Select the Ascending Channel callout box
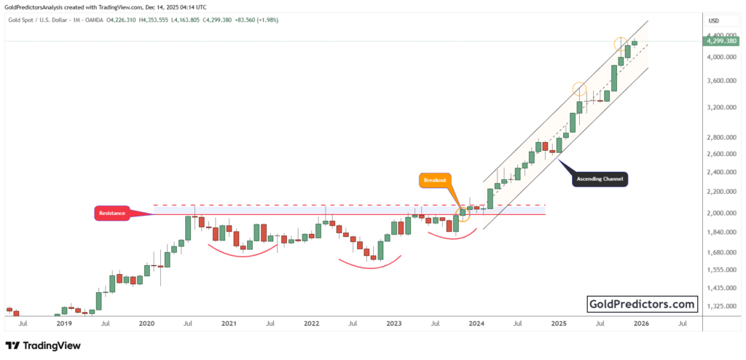click(x=600, y=179)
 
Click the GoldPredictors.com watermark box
click(x=642, y=304)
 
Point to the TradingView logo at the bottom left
click(x=43, y=345)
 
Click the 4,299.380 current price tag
click(x=722, y=42)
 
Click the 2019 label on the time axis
click(x=64, y=322)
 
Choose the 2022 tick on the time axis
click(x=311, y=322)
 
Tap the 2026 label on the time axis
click(x=641, y=322)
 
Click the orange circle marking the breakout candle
click(x=462, y=214)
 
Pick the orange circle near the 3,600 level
click(x=579, y=89)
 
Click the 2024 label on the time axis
click(x=476, y=322)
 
